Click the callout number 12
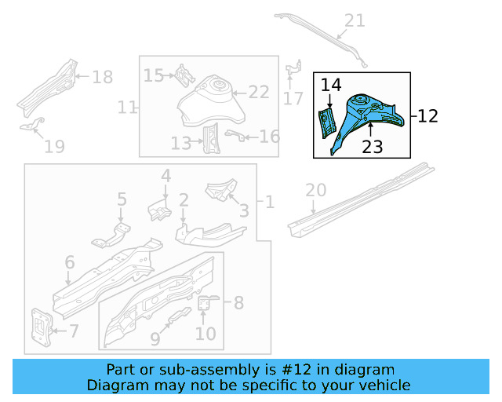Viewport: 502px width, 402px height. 427,116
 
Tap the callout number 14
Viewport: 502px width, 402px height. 331,85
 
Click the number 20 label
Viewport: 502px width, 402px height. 315,189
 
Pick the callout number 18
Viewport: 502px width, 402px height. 103,77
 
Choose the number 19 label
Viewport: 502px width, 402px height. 53,145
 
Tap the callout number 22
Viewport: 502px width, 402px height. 259,92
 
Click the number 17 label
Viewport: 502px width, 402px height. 293,98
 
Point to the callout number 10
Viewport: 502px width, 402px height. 205,334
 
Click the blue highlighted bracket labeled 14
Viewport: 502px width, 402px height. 325,124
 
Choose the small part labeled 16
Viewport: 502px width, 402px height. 232,136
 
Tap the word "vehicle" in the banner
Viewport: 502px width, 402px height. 385,385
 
